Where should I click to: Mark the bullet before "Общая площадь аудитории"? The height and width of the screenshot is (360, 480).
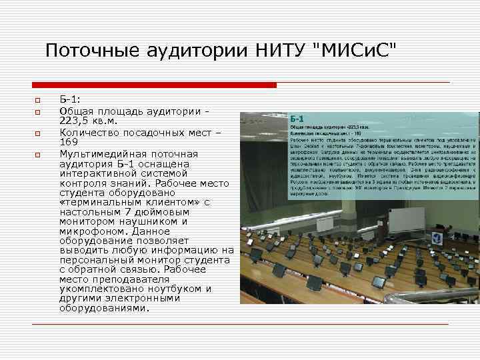tap(39, 111)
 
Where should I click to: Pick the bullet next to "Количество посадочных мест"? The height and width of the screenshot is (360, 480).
tap(39, 133)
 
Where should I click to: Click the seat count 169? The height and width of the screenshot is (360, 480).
tap(69, 143)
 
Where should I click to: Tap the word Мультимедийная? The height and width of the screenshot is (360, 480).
tap(105, 154)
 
